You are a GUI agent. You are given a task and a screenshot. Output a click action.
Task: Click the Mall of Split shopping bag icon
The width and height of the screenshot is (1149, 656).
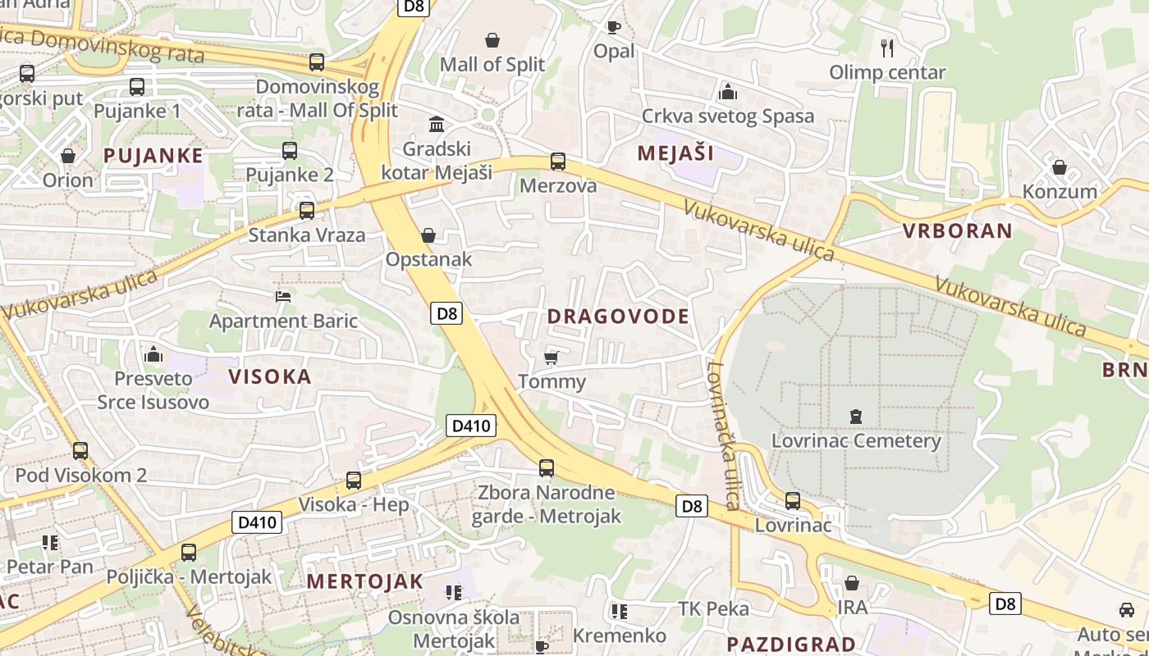(492, 40)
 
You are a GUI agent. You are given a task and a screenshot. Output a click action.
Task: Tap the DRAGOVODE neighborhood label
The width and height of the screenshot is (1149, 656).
(618, 317)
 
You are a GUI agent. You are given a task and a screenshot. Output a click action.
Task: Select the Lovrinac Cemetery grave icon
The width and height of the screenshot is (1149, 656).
(856, 417)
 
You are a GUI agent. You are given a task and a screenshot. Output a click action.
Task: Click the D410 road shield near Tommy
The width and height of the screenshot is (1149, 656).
(471, 426)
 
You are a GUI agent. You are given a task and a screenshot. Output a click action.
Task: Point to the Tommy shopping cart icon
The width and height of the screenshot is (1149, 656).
(552, 358)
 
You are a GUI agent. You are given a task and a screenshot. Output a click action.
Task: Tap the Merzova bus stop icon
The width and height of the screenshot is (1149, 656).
(558, 162)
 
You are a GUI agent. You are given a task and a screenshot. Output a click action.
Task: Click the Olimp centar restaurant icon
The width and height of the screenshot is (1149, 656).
(886, 48)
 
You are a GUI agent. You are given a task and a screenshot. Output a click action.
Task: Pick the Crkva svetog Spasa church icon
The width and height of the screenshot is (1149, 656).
(727, 91)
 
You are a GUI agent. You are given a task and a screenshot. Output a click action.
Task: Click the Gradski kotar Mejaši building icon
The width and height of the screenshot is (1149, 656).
(437, 125)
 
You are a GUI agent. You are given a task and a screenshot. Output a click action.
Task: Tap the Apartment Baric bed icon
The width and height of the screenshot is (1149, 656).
(283, 296)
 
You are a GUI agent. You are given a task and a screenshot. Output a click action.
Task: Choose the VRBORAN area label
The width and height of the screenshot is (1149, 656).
(958, 230)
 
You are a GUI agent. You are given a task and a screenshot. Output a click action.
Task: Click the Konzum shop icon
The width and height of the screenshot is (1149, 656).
(1060, 167)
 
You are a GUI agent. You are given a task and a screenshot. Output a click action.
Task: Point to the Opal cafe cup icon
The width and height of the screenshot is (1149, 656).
(613, 27)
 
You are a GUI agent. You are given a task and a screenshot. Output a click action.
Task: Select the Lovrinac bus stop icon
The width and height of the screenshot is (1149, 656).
(793, 500)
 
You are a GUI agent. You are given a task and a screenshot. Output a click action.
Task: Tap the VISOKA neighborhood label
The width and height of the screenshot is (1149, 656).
(270, 376)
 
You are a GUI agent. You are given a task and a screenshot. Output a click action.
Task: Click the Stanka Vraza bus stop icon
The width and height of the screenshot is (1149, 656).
(307, 211)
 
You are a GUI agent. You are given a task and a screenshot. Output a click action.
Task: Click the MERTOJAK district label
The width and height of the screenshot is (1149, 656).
(365, 581)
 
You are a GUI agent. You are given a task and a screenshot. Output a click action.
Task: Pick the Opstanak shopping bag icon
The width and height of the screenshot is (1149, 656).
(428, 236)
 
